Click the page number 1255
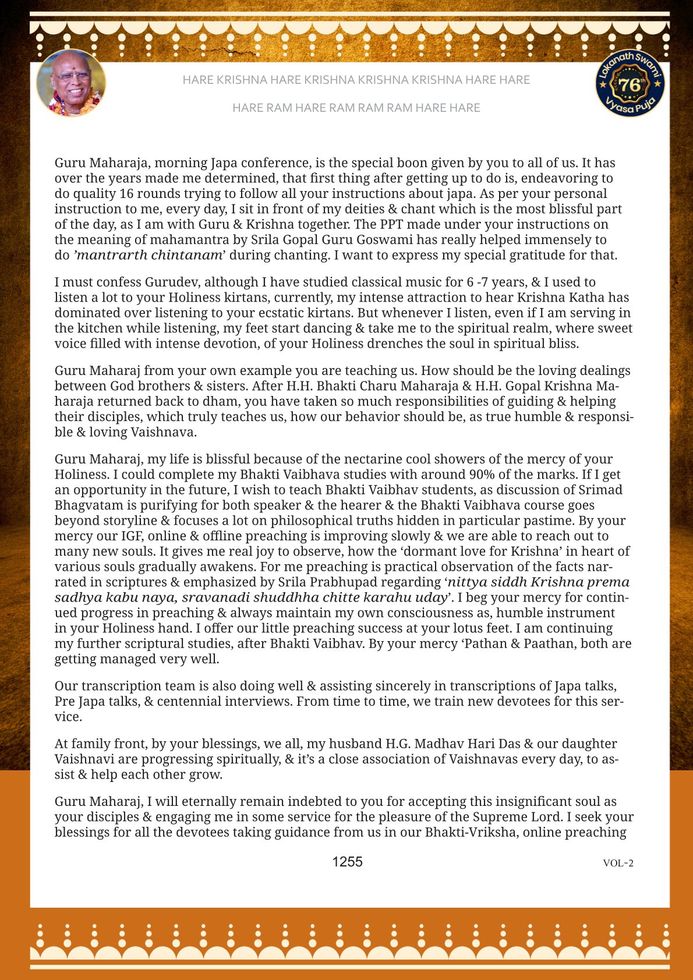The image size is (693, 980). (x=347, y=862)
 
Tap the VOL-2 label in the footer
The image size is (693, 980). (x=618, y=863)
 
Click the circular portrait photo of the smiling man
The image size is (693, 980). (x=71, y=83)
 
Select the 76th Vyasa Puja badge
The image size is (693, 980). (x=630, y=83)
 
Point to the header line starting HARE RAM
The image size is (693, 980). (x=356, y=108)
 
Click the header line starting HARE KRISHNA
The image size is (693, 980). (x=356, y=80)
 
